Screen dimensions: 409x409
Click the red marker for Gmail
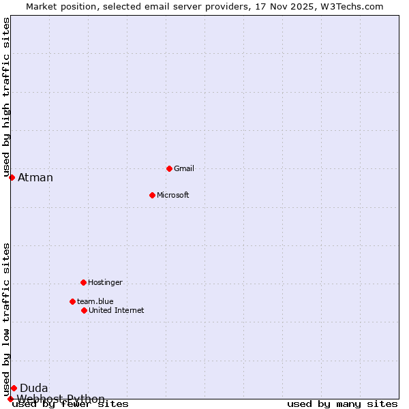click(169, 168)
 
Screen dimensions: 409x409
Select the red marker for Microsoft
click(152, 195)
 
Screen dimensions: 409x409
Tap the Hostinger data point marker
click(83, 282)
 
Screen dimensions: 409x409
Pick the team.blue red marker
click(72, 301)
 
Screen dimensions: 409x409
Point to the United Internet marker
click(84, 310)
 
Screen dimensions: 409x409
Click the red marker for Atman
click(12, 177)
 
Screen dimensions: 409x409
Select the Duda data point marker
click(14, 388)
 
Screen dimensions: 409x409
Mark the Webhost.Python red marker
click(10, 399)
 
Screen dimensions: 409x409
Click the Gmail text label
click(184, 168)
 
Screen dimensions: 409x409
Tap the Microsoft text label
click(172, 195)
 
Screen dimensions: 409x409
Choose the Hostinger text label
click(105, 282)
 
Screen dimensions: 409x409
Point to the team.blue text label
click(95, 301)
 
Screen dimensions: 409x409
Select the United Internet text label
click(116, 310)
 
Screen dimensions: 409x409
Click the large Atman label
click(35, 178)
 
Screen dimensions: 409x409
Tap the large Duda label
click(34, 389)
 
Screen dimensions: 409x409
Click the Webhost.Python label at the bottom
click(61, 399)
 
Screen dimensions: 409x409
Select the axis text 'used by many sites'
click(342, 404)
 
